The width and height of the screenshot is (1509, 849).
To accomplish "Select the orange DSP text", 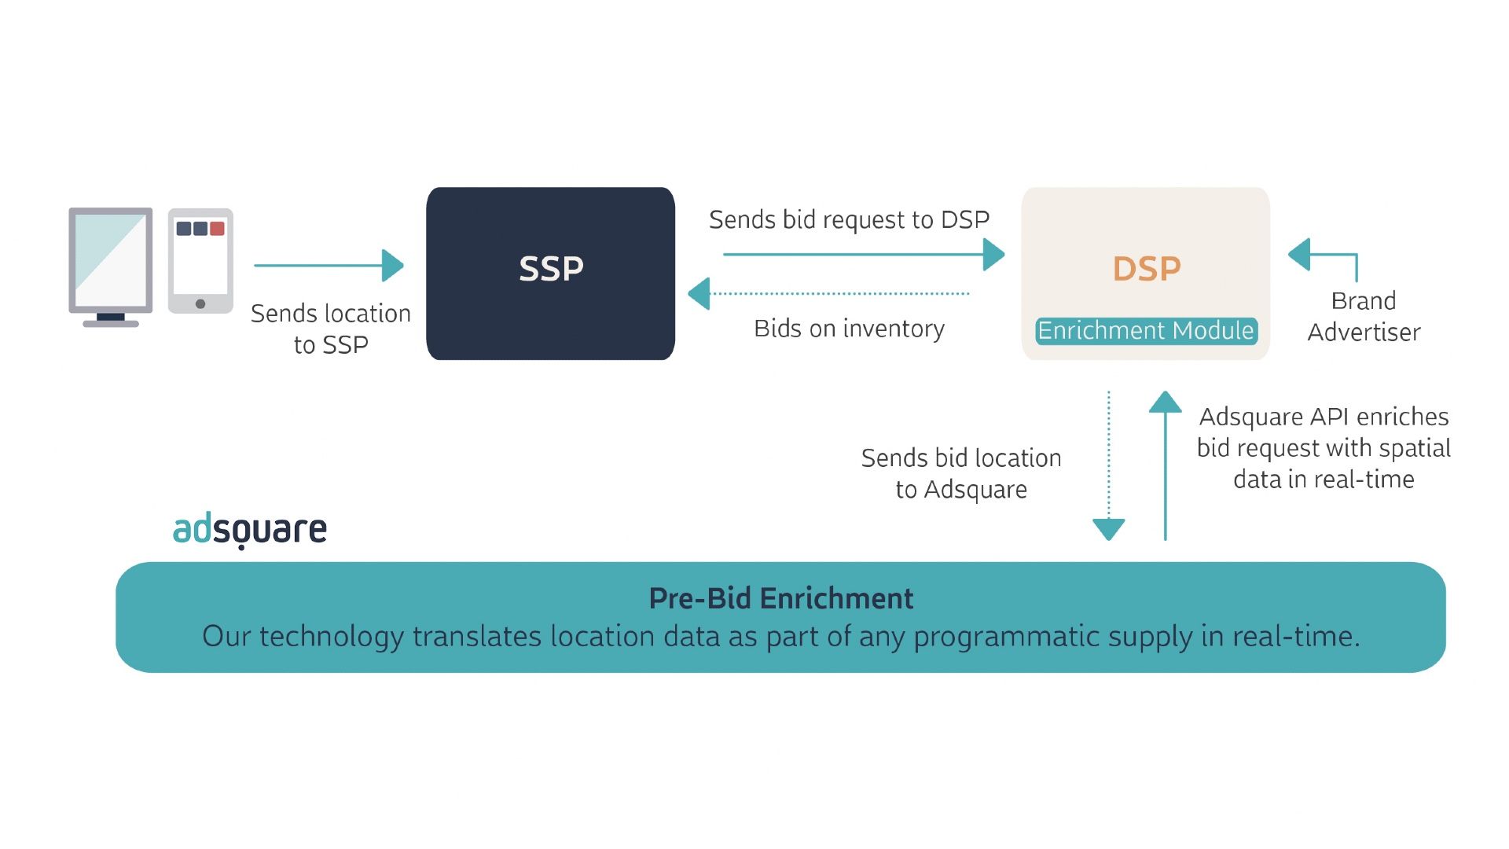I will pos(1146,269).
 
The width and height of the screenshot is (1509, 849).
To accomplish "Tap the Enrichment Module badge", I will pos(1146,331).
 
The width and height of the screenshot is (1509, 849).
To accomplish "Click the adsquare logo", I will pos(249,530).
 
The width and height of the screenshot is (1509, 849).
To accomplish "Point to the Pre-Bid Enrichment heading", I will pos(780,598).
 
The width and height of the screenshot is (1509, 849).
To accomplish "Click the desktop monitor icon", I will pos(111,266).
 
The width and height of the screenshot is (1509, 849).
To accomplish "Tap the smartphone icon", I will pos(200,261).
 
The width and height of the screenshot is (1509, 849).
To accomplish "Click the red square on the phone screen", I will pos(218,229).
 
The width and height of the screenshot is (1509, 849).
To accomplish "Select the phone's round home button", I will pos(200,303).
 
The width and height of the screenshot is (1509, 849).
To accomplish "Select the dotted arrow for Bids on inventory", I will pos(833,294).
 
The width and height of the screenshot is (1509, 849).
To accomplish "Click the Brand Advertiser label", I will pos(1364,316).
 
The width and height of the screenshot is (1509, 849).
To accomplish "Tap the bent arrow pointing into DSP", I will pos(1328,255).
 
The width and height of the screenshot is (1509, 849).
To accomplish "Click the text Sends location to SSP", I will pos(330,329).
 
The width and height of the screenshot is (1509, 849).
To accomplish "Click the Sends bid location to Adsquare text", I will pos(960,473).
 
